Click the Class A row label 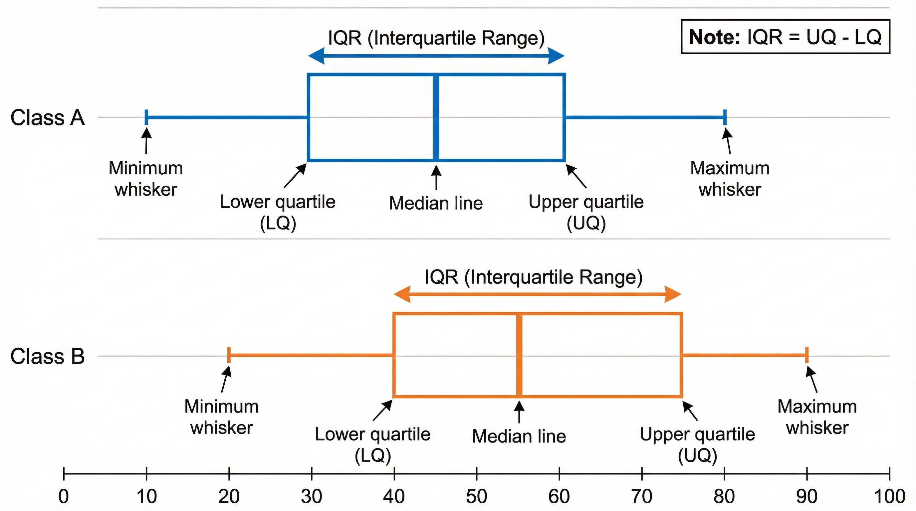point(48,118)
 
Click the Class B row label point(48,356)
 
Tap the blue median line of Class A point(436,117)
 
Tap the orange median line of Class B point(519,355)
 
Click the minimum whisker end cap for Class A point(146,117)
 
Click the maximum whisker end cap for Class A point(725,117)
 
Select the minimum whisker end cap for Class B point(229,355)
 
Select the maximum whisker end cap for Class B point(807,355)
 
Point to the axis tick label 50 point(477,496)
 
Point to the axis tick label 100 point(889,496)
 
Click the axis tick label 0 point(64,496)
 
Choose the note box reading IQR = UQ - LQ point(785,37)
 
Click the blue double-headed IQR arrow point(436,56)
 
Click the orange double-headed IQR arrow point(537,294)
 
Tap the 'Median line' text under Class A point(436,203)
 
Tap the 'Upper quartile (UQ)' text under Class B point(697,444)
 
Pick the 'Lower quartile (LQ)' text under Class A point(278,212)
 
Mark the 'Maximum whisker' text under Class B point(817,417)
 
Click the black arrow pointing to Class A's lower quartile point(295,176)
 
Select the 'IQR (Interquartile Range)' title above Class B point(533,277)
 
